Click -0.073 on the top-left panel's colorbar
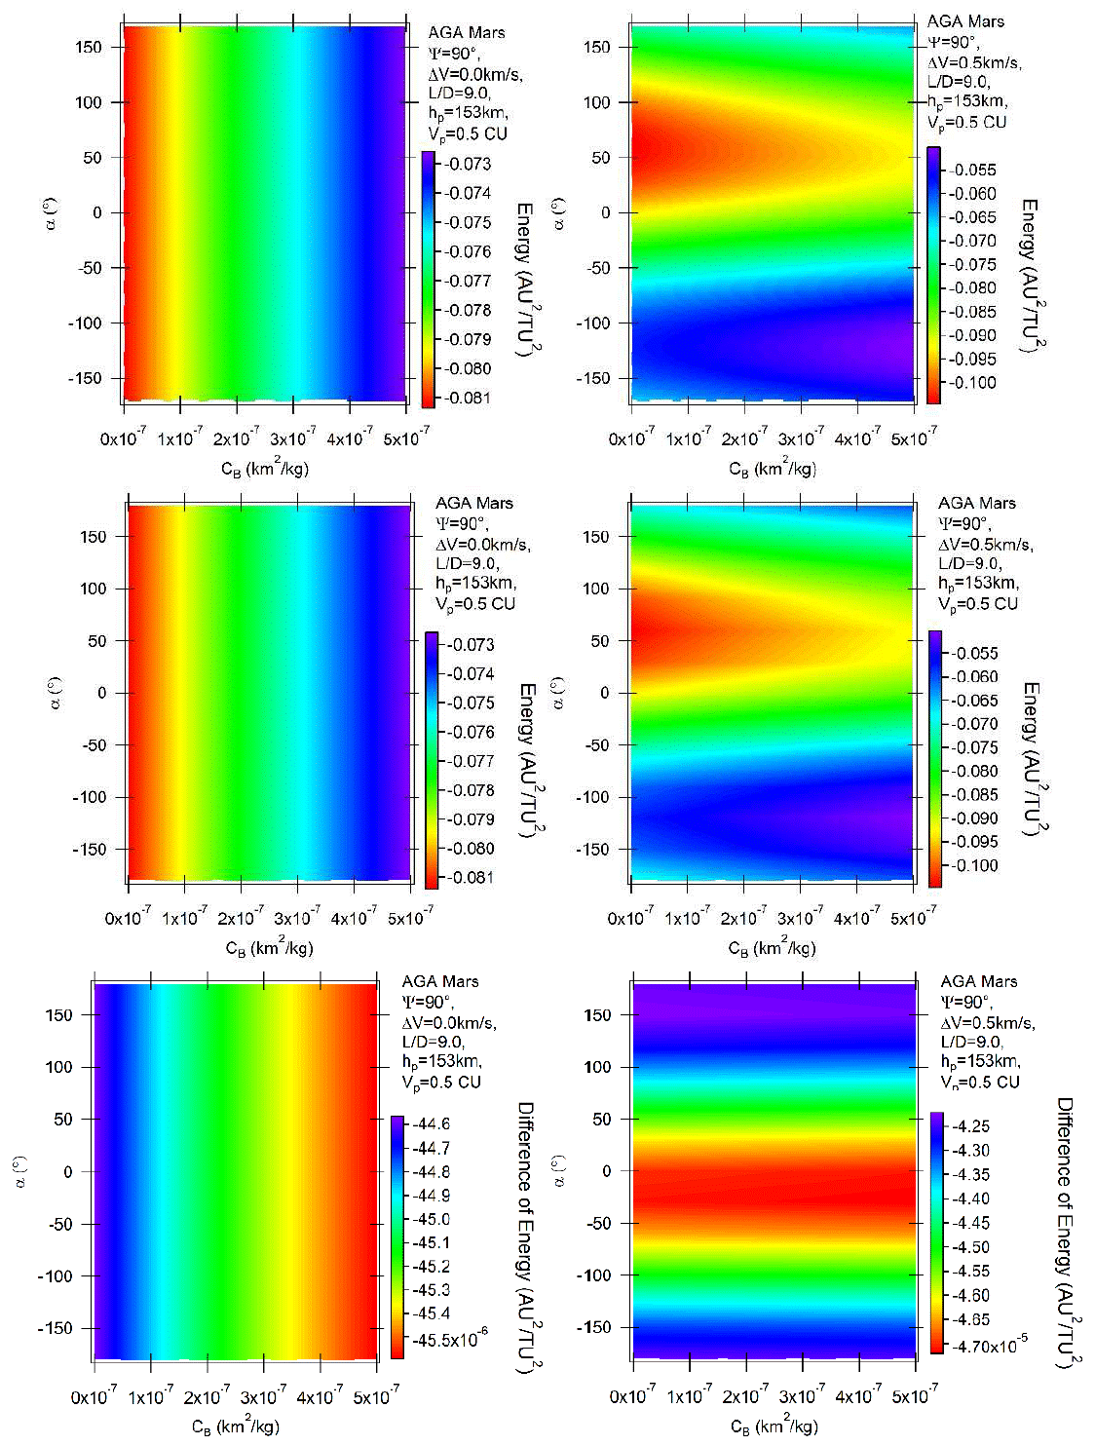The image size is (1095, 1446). pos(468,164)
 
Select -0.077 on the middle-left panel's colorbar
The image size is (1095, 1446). pos(472,761)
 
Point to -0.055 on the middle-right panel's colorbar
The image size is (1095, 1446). pos(975,653)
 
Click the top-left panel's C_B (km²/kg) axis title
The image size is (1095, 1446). pos(265,469)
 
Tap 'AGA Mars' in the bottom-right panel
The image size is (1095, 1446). pos(978,981)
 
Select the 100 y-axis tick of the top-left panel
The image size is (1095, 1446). pos(88,102)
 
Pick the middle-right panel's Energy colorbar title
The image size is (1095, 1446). pos(1031,758)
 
